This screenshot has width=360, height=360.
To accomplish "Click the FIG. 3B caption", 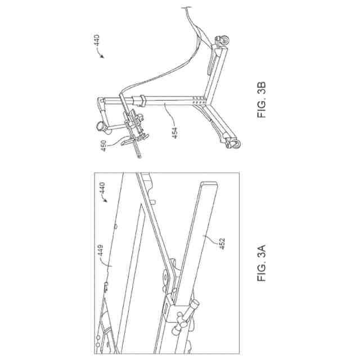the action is (x=263, y=101).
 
